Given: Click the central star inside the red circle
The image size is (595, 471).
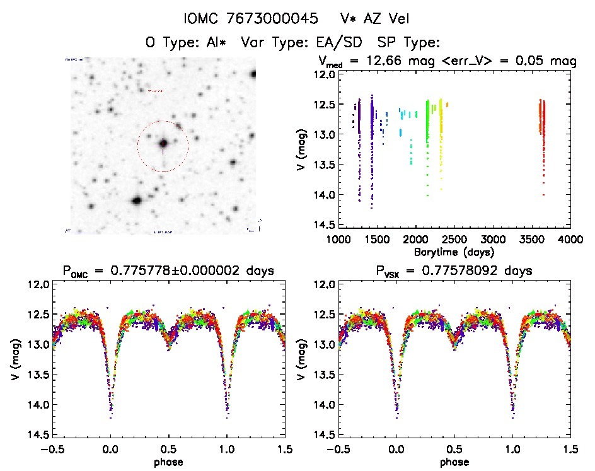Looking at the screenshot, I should [x=163, y=144].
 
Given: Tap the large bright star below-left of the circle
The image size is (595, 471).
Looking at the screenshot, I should [x=136, y=201].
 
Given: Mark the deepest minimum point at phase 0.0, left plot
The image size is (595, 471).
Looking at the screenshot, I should [x=110, y=417].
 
